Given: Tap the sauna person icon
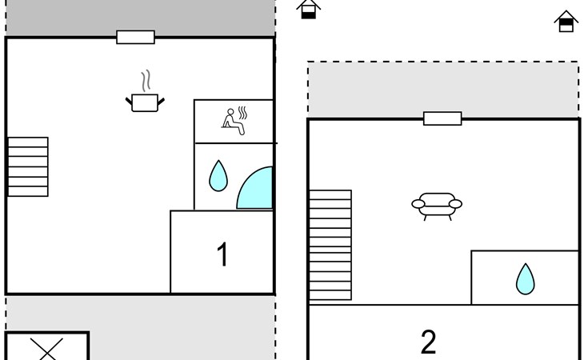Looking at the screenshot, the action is (234, 122).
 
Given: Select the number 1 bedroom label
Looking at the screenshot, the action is (222, 254).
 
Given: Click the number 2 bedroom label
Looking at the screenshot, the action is (428, 342).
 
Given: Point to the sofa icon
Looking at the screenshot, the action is (437, 206).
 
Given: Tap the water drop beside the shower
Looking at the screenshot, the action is (218, 176).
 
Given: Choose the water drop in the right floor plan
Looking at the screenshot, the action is (525, 279).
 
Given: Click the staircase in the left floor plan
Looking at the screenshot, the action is (28, 166).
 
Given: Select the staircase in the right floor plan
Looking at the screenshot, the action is (330, 245).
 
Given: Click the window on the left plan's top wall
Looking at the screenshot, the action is (135, 38).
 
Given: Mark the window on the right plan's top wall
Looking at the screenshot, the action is (442, 118).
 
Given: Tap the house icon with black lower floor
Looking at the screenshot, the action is (308, 9).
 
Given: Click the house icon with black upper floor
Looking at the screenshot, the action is (566, 22).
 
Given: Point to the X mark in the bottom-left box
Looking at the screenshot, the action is (46, 350).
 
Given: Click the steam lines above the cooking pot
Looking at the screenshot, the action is (146, 81).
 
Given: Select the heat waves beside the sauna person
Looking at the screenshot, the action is (243, 113).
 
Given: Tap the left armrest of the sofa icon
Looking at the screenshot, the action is (418, 204).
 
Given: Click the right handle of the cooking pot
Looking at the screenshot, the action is (162, 102).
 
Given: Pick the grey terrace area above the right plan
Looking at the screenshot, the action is (443, 90).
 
